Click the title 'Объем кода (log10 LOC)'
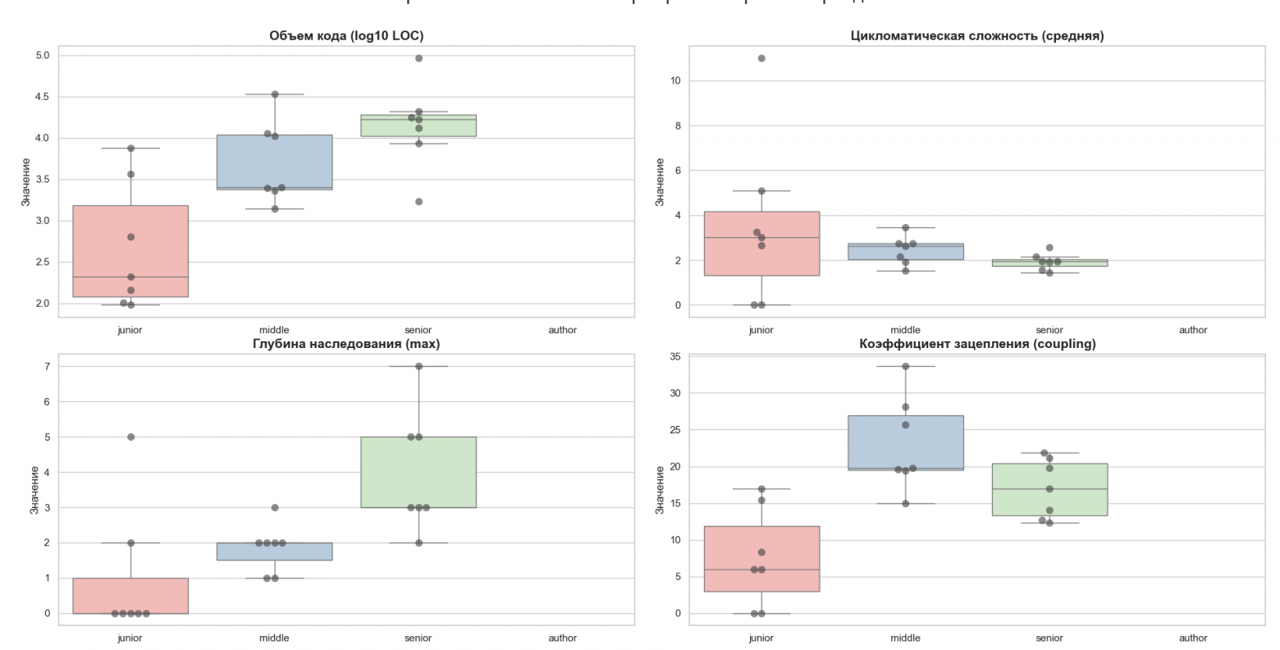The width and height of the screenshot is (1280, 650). point(346,35)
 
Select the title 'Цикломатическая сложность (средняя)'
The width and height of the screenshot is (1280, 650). point(976,35)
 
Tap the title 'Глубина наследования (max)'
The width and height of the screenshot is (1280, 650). point(346,344)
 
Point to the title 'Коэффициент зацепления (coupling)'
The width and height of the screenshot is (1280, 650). point(976,344)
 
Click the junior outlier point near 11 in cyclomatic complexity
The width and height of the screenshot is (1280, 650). point(761,58)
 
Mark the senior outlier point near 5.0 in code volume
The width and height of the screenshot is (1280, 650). point(418,58)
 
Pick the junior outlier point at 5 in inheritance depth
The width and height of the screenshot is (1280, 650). point(130,437)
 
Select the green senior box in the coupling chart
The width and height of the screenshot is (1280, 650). point(1049,489)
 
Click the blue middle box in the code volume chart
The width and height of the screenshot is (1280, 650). point(274,162)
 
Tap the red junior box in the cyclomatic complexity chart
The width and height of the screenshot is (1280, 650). point(761,243)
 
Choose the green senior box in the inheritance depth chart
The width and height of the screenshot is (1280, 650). point(418,472)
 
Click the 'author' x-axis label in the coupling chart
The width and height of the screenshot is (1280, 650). point(1193,638)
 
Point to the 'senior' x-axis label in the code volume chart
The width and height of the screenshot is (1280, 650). point(418,330)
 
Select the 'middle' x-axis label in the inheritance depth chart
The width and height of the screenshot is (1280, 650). point(274,638)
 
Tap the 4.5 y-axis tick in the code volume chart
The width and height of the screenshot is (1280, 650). point(41,97)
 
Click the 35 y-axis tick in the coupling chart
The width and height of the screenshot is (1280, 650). point(675,357)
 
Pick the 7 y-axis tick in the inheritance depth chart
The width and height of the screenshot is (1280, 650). point(47,366)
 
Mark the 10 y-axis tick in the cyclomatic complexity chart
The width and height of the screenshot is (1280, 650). point(675,80)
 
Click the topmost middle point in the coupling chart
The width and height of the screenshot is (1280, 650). point(906,366)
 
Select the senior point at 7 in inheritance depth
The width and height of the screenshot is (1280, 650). point(418,366)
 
